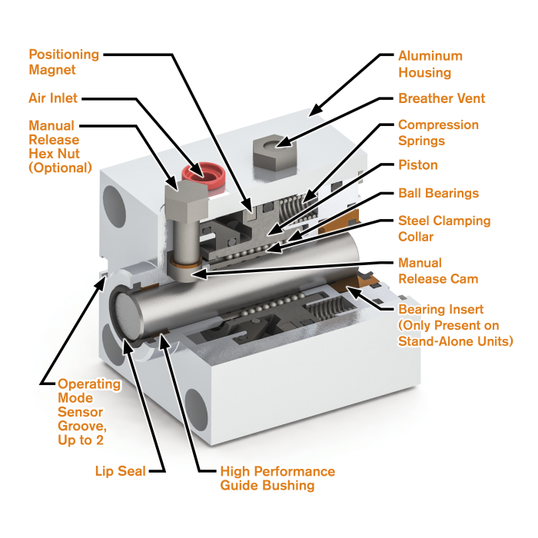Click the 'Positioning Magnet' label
64,62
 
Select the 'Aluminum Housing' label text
430,65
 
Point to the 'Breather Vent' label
441,98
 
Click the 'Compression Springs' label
438,133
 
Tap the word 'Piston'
417,164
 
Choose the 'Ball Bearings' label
438,193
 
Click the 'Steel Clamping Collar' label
443,229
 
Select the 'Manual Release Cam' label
437,271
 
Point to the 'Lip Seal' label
120,470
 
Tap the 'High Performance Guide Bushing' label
277,478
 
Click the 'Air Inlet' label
53,98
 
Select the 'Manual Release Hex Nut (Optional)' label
60,146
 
